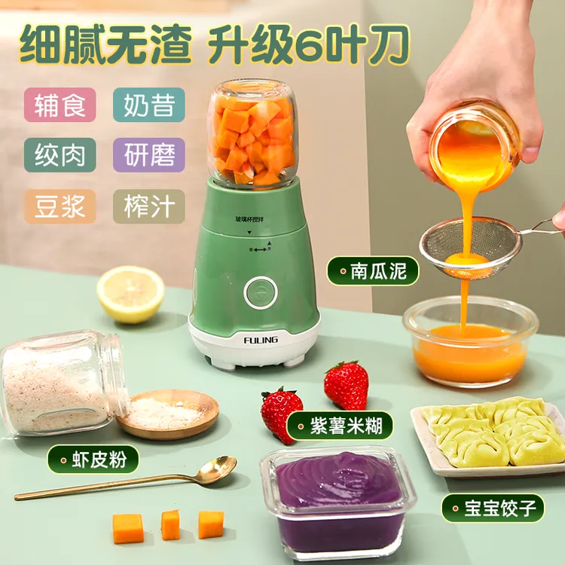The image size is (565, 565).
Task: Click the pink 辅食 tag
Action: click(x=60, y=105)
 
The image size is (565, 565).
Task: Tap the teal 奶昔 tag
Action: click(x=149, y=105)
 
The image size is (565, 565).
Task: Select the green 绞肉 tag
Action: click(x=60, y=155)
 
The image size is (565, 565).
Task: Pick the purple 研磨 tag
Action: click(x=149, y=155)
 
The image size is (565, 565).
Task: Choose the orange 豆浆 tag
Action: click(x=60, y=206)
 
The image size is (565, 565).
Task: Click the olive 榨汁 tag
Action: click(x=149, y=206)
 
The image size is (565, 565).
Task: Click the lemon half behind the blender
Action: click(x=130, y=295)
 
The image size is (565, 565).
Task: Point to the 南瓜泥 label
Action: click(x=373, y=271)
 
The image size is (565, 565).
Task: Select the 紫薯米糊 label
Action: click(x=340, y=426)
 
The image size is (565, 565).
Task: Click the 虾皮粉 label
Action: click(x=93, y=460)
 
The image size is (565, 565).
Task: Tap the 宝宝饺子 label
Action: click(x=493, y=508)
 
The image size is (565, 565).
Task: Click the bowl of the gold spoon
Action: click(x=218, y=469)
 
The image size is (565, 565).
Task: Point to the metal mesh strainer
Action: click(x=471, y=249)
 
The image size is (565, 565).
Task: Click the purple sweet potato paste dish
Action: click(x=337, y=505)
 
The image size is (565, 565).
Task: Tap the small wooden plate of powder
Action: click(x=168, y=414)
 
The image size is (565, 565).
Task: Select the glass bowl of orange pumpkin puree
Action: click(x=470, y=342)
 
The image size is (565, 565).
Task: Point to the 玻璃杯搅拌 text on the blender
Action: click(x=249, y=219)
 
